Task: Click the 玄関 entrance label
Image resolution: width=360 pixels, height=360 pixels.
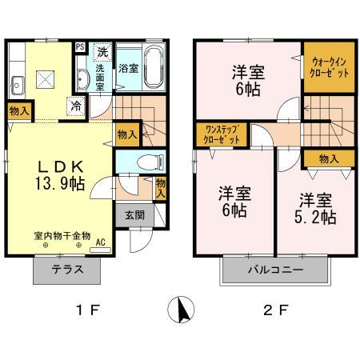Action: coord(134,214)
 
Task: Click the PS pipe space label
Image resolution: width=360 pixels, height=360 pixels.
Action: coord(80,48)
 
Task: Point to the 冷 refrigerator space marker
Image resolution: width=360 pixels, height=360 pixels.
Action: coord(74,104)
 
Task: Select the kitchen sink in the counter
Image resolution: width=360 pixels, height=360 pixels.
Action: coord(17,79)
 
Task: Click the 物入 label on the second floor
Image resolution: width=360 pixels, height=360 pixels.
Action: coord(327,158)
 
